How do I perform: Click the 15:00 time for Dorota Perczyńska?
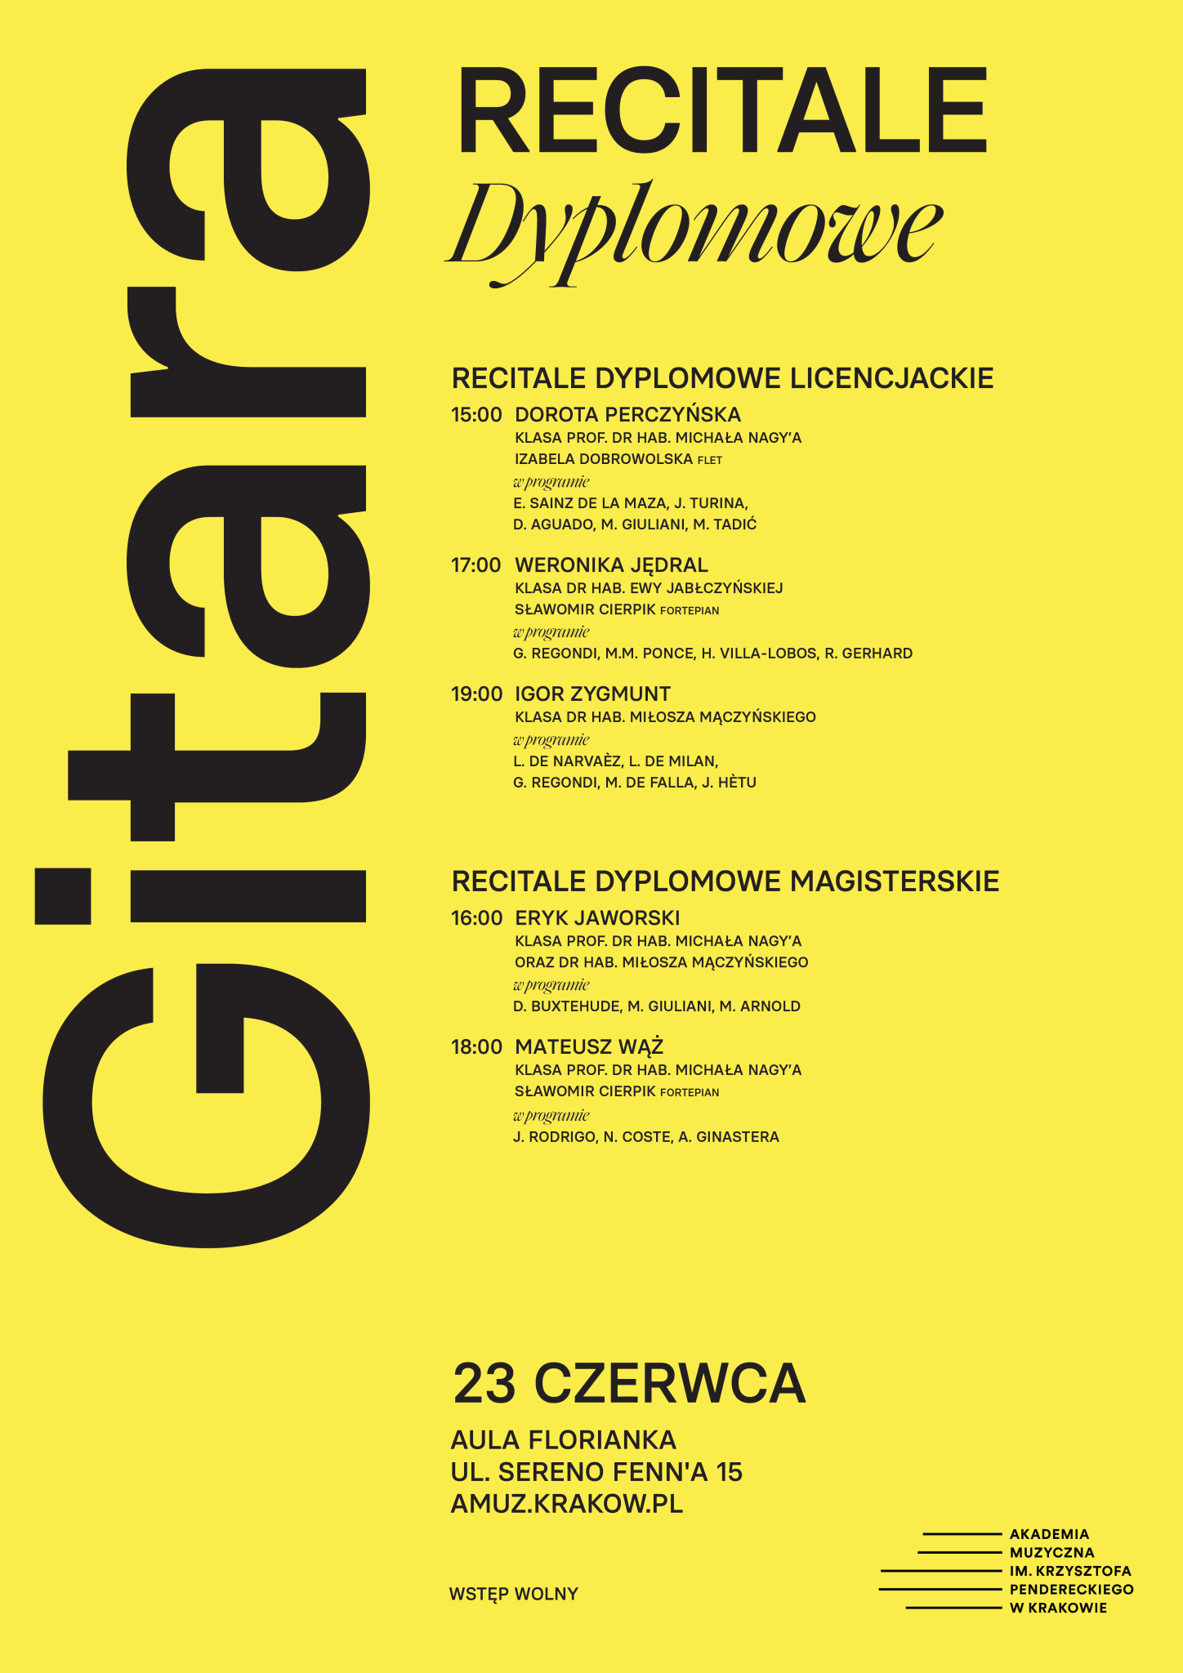coord(476,415)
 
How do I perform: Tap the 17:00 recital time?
coord(476,565)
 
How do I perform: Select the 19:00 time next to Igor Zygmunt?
coord(476,694)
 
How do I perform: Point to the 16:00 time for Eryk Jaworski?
coord(476,918)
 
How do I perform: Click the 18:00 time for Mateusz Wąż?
coord(476,1047)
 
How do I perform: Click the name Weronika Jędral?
coord(611,565)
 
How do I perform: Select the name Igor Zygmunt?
coord(592,694)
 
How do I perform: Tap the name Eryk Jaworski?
coord(597,918)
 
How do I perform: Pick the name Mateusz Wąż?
coord(589,1047)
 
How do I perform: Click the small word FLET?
coord(710,461)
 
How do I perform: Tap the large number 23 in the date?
coord(484,1384)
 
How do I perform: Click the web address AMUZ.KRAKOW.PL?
coord(566,1504)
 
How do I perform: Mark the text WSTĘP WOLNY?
coord(513,1594)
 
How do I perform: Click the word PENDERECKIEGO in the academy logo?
coord(1071,1590)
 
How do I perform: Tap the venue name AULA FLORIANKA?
coord(563,1439)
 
